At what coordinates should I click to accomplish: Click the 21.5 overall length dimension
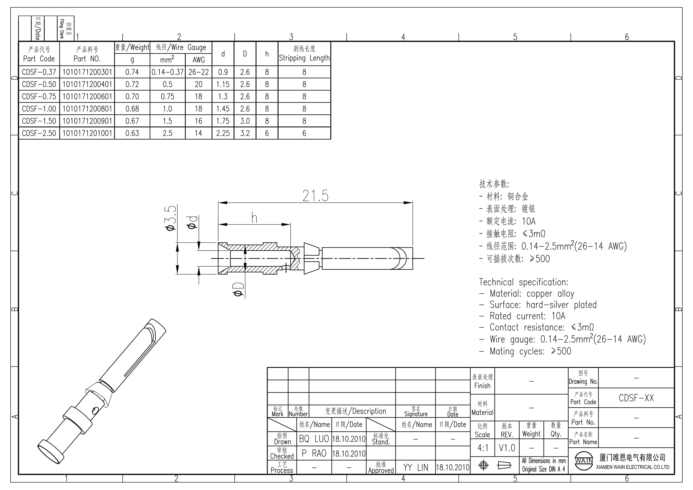click(316, 196)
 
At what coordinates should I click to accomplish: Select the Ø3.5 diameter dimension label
click(171, 218)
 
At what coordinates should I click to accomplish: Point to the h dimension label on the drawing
click(255, 217)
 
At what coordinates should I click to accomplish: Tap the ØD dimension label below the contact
click(238, 289)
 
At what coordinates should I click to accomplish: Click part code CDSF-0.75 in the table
click(39, 97)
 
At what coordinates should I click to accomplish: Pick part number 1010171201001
click(87, 133)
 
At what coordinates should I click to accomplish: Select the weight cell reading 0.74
click(132, 72)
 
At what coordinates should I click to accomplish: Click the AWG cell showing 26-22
click(199, 72)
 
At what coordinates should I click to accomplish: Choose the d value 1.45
click(223, 109)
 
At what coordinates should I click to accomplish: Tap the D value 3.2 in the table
click(245, 133)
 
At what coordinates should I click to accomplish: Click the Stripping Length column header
click(304, 53)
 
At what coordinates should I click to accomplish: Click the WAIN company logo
click(584, 461)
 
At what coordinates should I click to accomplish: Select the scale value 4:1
click(483, 448)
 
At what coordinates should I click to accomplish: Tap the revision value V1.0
click(507, 448)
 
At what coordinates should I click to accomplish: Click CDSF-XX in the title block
click(636, 398)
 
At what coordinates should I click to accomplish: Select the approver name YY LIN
click(416, 468)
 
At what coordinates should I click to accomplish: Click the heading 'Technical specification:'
click(524, 282)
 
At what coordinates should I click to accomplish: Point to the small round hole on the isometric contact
click(95, 410)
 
